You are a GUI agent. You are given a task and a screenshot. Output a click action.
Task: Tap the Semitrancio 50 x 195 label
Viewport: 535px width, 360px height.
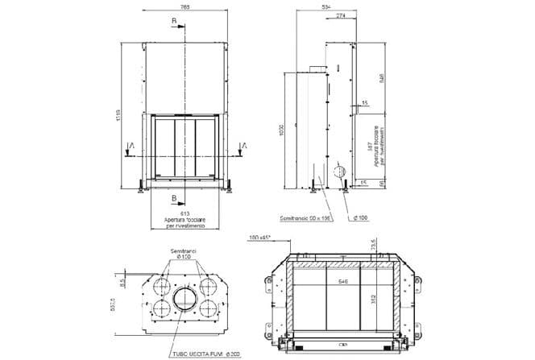pos(306,218)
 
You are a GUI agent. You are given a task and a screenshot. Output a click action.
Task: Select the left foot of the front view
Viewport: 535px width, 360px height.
pos(143,188)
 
